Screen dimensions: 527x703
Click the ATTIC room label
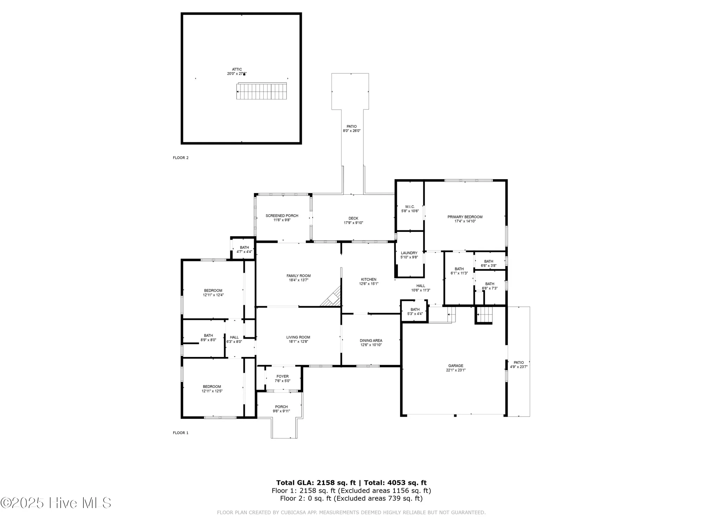pos(237,70)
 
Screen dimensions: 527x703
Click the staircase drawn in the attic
pos(262,92)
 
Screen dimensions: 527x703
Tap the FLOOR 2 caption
pos(181,158)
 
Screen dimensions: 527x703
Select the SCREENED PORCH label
pos(282,216)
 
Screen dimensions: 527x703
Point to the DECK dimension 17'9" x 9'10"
pos(353,223)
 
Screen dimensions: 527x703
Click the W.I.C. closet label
pos(410,207)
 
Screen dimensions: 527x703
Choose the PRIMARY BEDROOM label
pos(465,217)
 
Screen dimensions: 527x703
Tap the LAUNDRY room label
pos(409,253)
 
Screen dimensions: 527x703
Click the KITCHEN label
pos(369,279)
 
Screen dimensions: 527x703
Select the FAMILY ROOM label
pos(298,276)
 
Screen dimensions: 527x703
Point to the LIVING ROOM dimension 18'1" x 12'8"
pos(298,341)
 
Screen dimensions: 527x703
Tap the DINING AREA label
pos(371,340)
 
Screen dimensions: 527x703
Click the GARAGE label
pos(456,366)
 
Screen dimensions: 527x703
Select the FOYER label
pos(283,376)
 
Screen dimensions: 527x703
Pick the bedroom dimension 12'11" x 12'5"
pos(212,391)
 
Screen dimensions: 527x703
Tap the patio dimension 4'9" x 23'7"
pos(518,367)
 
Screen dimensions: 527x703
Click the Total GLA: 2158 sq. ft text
pos(316,483)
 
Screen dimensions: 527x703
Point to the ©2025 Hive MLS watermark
pos(56,503)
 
